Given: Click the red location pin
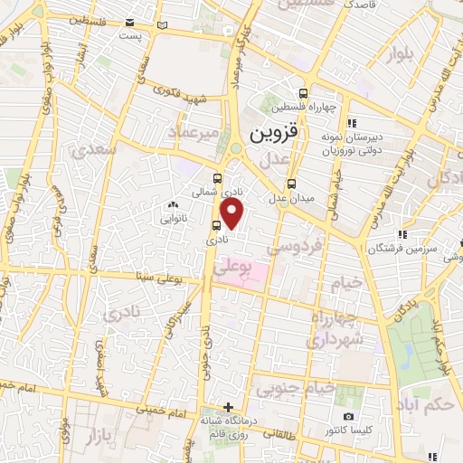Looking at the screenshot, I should pos(233,214).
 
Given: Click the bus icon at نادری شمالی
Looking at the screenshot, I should pos(217,178).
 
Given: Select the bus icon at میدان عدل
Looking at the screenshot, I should pos(289,184).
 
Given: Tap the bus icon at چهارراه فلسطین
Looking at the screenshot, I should pos(303,92).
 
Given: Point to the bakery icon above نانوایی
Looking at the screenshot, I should pos(173,206).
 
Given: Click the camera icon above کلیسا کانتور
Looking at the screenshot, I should pos(349,415).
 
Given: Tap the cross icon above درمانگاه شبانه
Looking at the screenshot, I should pos(229,407).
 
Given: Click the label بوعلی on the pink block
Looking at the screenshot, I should pos(234,268).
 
